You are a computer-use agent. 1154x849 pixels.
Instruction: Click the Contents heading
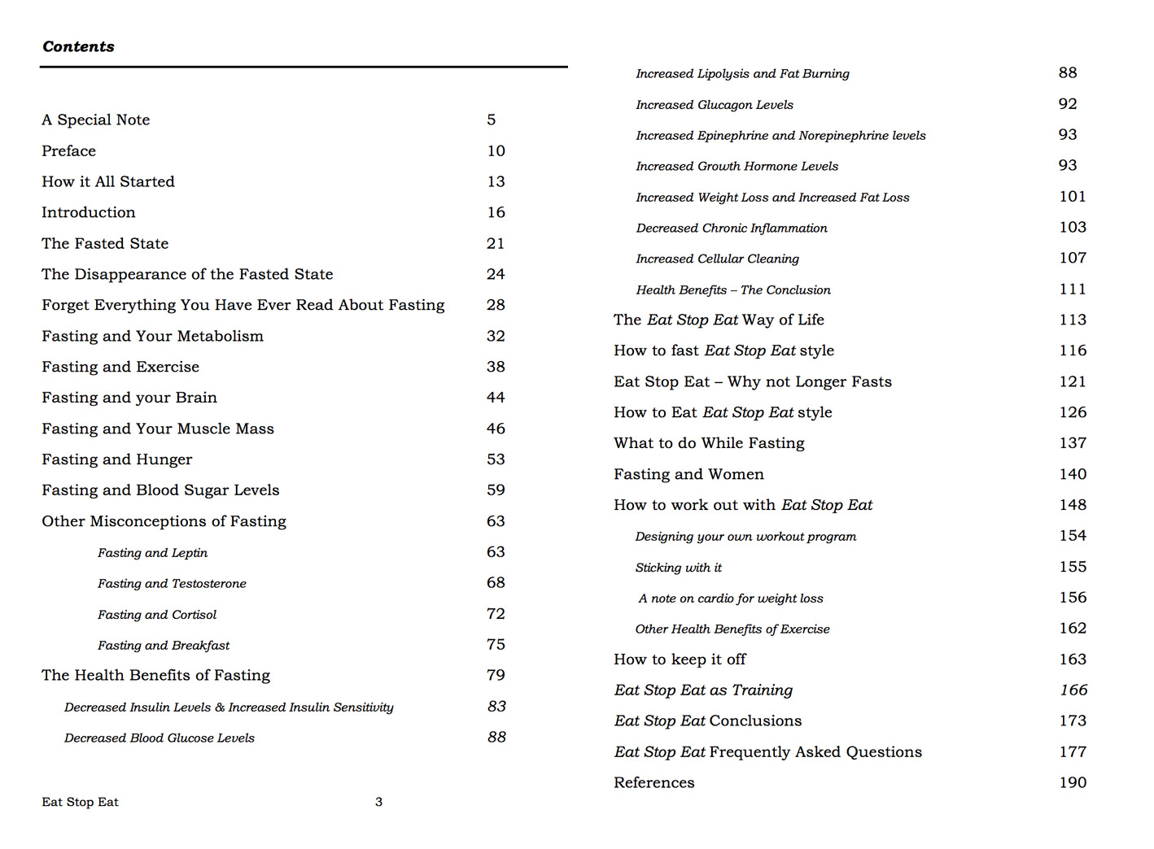(78, 46)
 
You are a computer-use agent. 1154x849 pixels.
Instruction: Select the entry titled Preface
(68, 151)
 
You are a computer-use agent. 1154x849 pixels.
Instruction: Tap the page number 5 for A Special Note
(491, 120)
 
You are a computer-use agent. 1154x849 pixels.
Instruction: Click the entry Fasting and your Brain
(129, 398)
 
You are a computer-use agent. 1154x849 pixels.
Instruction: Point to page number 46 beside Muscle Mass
(496, 429)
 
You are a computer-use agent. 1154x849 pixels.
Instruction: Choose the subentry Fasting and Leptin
(152, 553)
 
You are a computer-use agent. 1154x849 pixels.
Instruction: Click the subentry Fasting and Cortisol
(157, 615)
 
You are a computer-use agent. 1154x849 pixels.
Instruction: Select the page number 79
(496, 675)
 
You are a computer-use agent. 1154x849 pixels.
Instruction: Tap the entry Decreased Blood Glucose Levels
(160, 738)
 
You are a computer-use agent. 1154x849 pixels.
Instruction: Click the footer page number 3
(378, 802)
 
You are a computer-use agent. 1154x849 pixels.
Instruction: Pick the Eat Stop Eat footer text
(80, 803)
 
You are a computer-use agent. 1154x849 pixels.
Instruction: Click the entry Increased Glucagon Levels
(715, 105)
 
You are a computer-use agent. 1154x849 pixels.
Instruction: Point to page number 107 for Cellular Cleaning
(1073, 258)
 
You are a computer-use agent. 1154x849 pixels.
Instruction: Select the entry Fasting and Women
(688, 474)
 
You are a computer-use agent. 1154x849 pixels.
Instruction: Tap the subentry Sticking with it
(679, 568)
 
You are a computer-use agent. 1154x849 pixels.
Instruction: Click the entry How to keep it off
(680, 660)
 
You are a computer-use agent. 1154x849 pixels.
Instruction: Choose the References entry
(654, 783)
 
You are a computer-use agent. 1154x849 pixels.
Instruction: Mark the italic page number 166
(1073, 690)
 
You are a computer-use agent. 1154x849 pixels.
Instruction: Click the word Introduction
(89, 213)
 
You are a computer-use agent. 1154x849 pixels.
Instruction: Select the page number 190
(1073, 782)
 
